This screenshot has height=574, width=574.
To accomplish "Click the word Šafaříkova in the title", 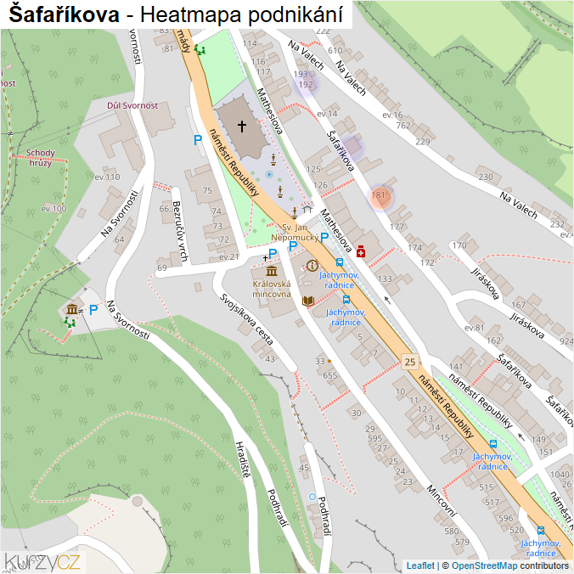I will point(63,14).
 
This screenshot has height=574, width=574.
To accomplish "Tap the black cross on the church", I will point(242,127).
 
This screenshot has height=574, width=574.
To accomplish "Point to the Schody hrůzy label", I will point(40,158).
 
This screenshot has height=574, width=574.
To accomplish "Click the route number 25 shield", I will point(411,362).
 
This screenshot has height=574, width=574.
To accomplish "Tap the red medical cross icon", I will point(362,251).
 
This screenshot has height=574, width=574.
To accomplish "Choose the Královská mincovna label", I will point(272,290).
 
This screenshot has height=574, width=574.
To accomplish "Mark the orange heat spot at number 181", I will point(380,196).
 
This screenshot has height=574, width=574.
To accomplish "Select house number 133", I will point(385,279).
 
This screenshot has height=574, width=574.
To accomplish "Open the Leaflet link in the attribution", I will point(419,566).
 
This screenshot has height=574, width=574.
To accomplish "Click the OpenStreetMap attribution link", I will point(484,566).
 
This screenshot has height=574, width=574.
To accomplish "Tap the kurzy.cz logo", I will point(42,560).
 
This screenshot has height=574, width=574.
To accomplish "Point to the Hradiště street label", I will point(243,459).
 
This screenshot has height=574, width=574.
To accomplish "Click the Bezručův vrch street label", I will point(179,229).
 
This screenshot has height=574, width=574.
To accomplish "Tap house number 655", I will point(330,374).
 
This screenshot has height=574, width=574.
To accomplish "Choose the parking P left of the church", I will point(197,140).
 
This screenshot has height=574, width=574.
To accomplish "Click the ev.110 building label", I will point(107,177).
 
